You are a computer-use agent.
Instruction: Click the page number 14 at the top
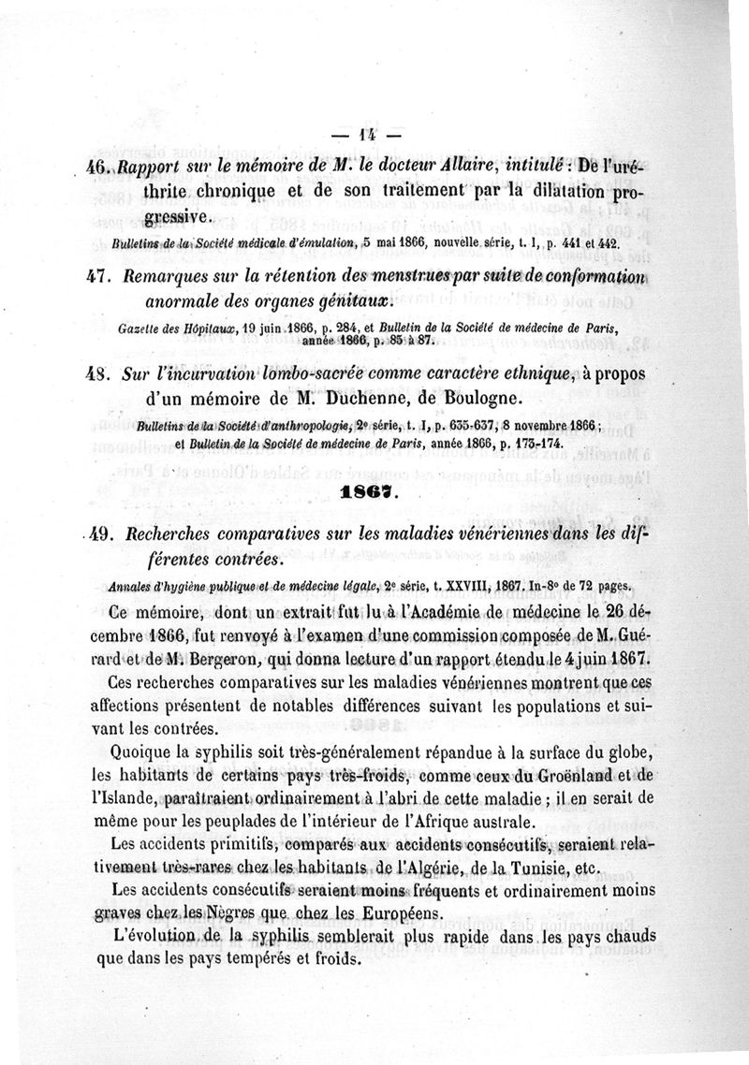tap(367, 135)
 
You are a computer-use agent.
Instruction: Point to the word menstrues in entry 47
tap(410, 279)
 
